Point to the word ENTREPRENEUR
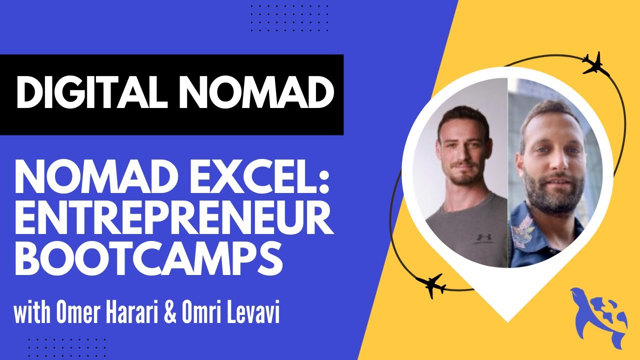point(173,220)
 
